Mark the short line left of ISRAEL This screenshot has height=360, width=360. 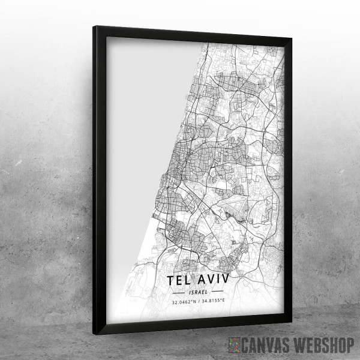(179, 292)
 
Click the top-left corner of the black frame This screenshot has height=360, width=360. (95, 28)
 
